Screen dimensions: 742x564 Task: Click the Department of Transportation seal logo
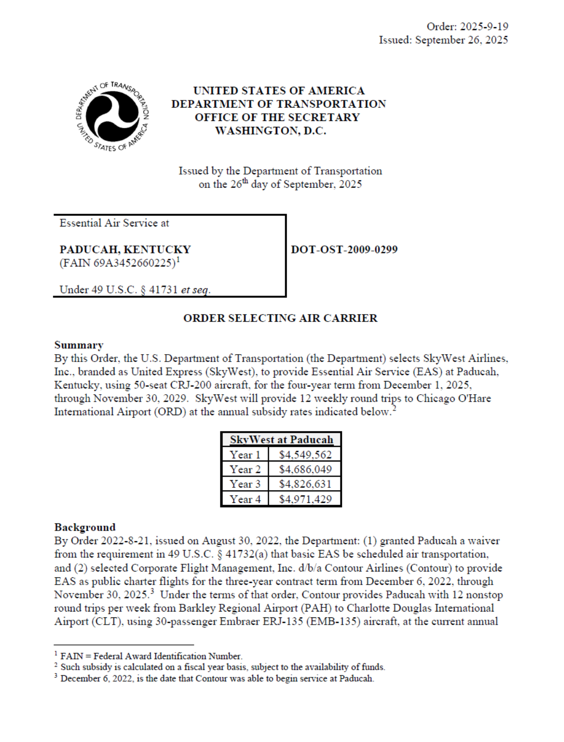click(x=112, y=116)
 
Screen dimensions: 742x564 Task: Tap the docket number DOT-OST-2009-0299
click(x=344, y=250)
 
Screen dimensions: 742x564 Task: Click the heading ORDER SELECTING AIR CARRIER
click(x=280, y=318)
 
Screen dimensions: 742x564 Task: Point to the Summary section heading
click(x=79, y=345)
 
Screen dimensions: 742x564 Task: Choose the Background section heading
click(x=85, y=527)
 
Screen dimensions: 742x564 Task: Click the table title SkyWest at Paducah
click(x=281, y=440)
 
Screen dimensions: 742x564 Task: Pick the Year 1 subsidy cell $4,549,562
click(x=305, y=455)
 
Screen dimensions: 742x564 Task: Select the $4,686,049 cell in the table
click(x=305, y=469)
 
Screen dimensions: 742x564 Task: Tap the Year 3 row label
click(x=245, y=484)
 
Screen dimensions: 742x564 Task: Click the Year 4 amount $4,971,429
click(x=305, y=499)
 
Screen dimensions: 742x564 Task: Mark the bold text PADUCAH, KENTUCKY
click(x=125, y=250)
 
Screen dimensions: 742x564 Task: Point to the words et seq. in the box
click(x=195, y=290)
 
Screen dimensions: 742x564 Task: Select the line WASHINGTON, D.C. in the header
click(x=270, y=131)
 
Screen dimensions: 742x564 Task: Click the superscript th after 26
click(x=245, y=181)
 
